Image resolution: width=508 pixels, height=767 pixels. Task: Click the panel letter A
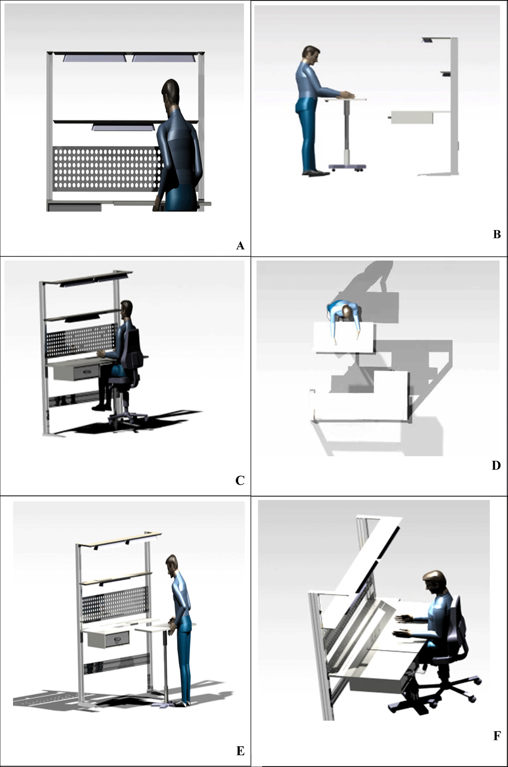[x=240, y=246]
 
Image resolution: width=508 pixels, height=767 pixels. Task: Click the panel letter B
[x=497, y=234]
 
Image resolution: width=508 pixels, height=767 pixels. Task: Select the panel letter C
[x=240, y=480]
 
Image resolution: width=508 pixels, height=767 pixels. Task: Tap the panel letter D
[x=496, y=466]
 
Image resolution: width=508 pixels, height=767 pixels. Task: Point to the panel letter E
[x=240, y=750]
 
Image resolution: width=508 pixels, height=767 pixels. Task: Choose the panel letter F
[x=497, y=736]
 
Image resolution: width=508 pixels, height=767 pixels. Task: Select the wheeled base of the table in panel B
[x=347, y=167]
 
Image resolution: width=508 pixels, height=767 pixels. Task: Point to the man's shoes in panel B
[x=315, y=173]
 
